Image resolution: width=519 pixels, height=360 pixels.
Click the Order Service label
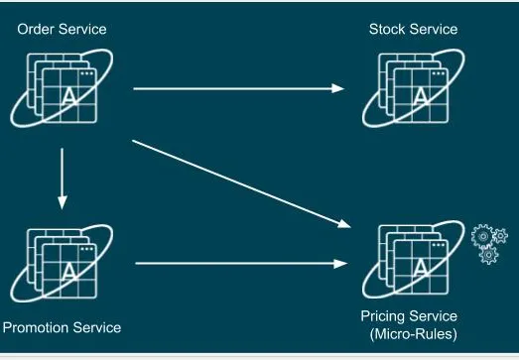coord(62,29)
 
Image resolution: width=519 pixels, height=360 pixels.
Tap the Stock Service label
coord(414,29)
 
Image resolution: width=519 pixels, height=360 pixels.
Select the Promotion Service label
coord(62,328)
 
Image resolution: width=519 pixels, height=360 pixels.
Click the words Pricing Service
coord(409,316)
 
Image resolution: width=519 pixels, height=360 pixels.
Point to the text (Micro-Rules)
coord(414,333)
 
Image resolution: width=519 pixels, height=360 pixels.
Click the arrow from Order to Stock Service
coord(238,88)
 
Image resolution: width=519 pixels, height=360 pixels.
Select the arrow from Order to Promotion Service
coord(63,179)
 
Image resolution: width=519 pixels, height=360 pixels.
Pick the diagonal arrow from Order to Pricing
coord(241,184)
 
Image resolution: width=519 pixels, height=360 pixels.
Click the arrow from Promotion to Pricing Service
coord(241,264)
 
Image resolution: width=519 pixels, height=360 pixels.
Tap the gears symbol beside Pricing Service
coord(489,244)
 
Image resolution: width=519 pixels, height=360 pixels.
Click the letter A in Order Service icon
coord(69,96)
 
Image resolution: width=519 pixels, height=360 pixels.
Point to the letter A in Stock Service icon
coord(421,96)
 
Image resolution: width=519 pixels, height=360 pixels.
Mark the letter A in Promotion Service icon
coord(69,272)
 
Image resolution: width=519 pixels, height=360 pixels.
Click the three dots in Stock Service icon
coord(439,73)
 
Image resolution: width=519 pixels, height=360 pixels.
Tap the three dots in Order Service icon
coord(87,73)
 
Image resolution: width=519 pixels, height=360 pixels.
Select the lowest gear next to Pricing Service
coord(488,255)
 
